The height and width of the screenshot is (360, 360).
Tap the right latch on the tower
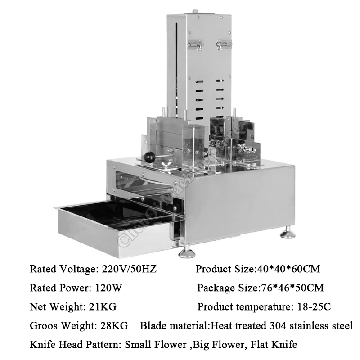coord(222,45)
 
